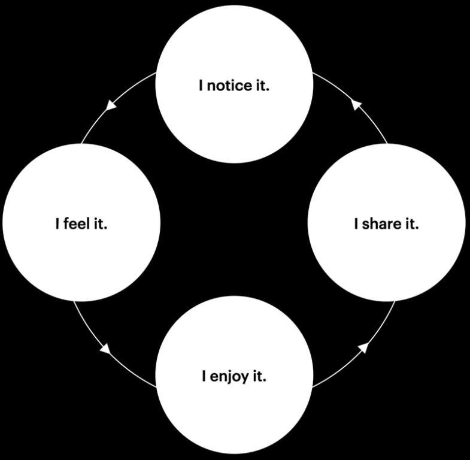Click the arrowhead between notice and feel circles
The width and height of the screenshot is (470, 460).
[110, 106]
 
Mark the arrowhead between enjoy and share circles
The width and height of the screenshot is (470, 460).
[362, 346]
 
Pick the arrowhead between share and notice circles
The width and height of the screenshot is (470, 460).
[357, 104]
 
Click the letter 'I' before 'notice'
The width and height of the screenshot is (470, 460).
[201, 86]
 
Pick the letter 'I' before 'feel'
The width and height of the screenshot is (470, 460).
[57, 225]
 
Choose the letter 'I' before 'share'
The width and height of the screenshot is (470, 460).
[356, 225]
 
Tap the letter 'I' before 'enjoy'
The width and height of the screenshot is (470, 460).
[204, 377]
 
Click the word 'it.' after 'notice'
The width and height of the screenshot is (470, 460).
[262, 86]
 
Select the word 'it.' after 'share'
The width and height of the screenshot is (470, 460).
[411, 225]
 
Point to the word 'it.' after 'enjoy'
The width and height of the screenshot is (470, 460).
[259, 377]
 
